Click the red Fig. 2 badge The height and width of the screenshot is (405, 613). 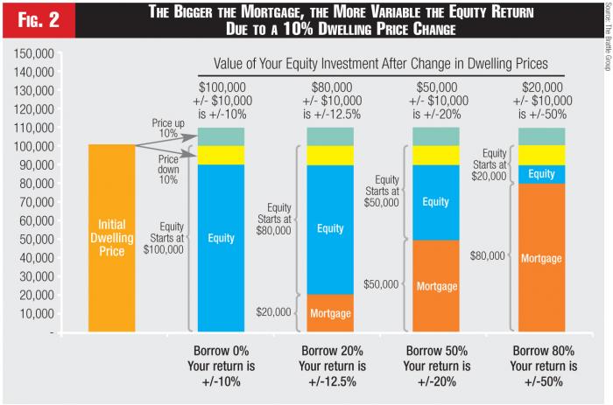coord(38,19)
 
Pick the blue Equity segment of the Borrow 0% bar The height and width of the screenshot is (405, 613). coord(221,236)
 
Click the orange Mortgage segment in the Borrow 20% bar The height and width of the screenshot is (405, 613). coord(330,313)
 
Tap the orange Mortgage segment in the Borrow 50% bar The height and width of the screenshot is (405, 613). coord(435,285)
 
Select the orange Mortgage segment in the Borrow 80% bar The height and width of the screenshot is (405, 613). coord(541,258)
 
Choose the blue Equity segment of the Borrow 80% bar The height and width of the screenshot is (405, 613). coord(541,174)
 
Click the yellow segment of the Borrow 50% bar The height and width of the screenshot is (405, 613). coord(435,155)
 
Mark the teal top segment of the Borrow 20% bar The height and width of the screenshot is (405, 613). coord(330,136)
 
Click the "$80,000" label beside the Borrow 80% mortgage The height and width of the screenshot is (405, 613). coord(488,256)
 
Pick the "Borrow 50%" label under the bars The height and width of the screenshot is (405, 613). coord(435,352)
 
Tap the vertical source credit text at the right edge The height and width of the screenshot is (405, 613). coord(604,44)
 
